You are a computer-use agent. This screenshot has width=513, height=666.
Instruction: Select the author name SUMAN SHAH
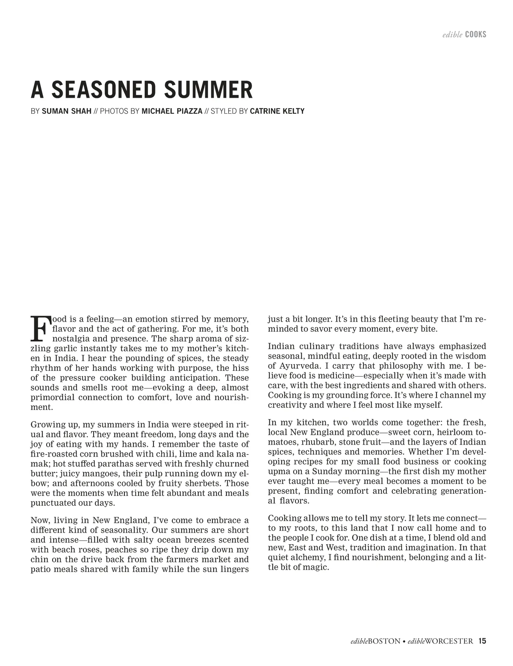(67, 111)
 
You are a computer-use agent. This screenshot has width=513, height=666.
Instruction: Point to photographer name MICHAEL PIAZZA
(172, 111)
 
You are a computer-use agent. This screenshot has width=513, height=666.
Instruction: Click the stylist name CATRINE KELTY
(277, 111)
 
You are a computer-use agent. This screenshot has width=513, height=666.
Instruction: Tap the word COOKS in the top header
(475, 35)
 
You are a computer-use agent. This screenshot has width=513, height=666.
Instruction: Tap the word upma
(278, 472)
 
